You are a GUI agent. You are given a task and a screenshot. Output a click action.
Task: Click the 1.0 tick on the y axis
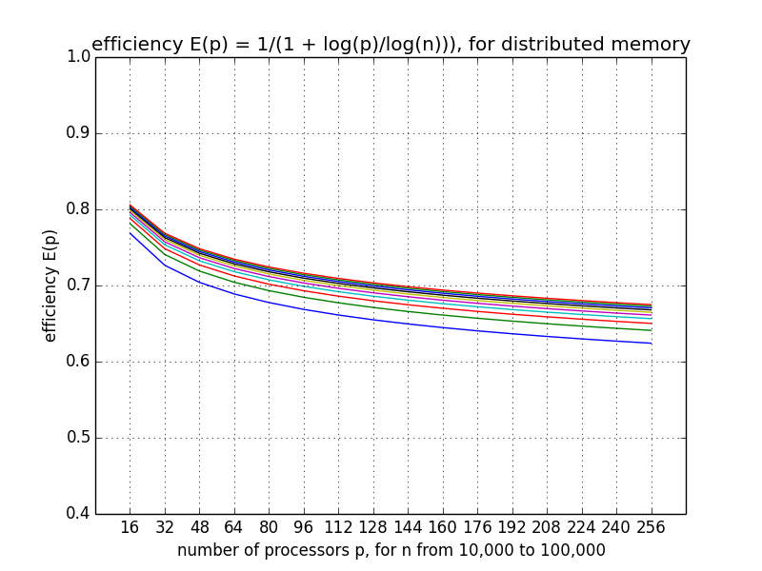[78, 57]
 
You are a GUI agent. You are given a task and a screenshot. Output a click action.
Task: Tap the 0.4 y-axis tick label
[78, 514]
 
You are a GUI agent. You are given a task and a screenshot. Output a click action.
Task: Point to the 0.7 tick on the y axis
[78, 285]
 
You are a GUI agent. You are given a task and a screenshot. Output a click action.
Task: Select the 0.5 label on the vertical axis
[78, 438]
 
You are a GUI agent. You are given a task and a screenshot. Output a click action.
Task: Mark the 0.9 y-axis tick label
[78, 133]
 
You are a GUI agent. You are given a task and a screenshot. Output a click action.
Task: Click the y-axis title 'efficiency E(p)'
[50, 285]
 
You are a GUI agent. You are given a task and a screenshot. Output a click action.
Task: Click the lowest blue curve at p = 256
[652, 343]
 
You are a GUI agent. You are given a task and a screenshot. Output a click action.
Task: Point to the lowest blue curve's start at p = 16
[130, 233]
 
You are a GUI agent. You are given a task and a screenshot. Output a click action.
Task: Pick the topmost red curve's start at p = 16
[130, 204]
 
